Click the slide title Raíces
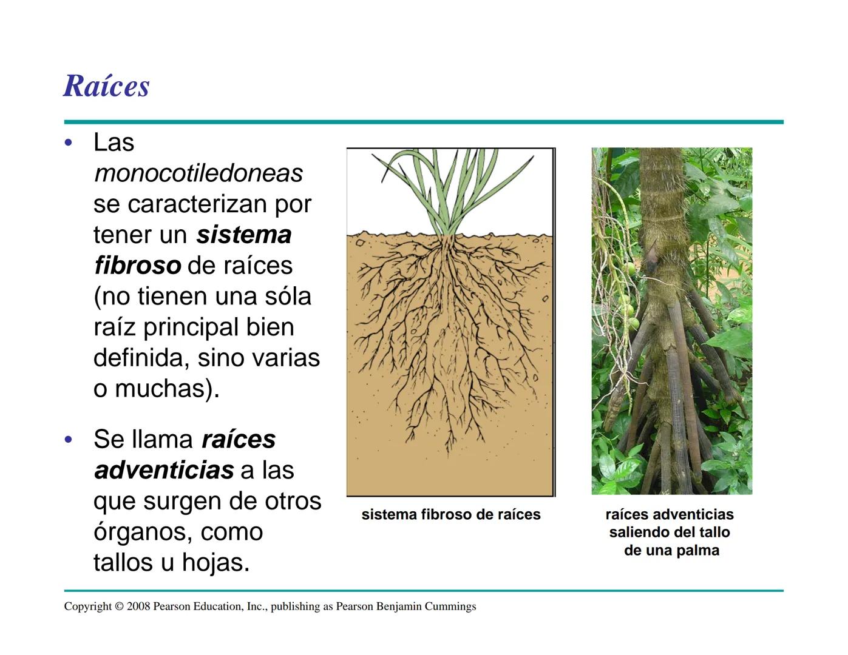pos(106,86)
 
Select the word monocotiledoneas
pos(198,173)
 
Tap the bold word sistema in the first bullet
pos(244,235)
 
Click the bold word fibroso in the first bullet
pos(138,266)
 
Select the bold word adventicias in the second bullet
pos(164,470)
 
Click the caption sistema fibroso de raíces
pos(450,515)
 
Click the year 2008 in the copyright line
pos(138,606)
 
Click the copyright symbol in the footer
pos(119,606)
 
